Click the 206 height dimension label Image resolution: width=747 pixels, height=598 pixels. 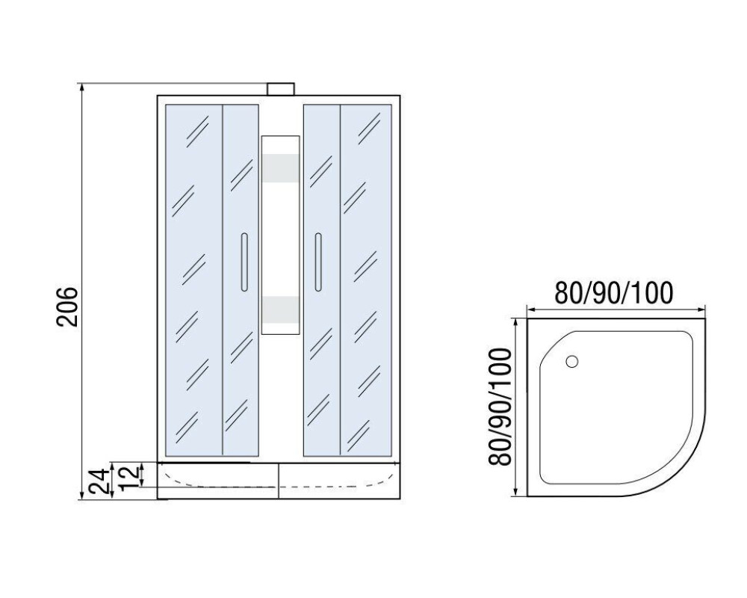[66, 306]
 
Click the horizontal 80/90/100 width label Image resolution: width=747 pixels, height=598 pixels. [614, 293]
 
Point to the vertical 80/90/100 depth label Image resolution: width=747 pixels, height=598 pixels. [500, 407]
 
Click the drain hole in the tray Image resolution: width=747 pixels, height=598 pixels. [572, 362]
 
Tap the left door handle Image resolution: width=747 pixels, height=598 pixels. [244, 262]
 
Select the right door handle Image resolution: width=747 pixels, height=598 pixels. [318, 262]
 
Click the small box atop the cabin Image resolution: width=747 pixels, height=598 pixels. [281, 89]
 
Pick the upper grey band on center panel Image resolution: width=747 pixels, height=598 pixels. [281, 169]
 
